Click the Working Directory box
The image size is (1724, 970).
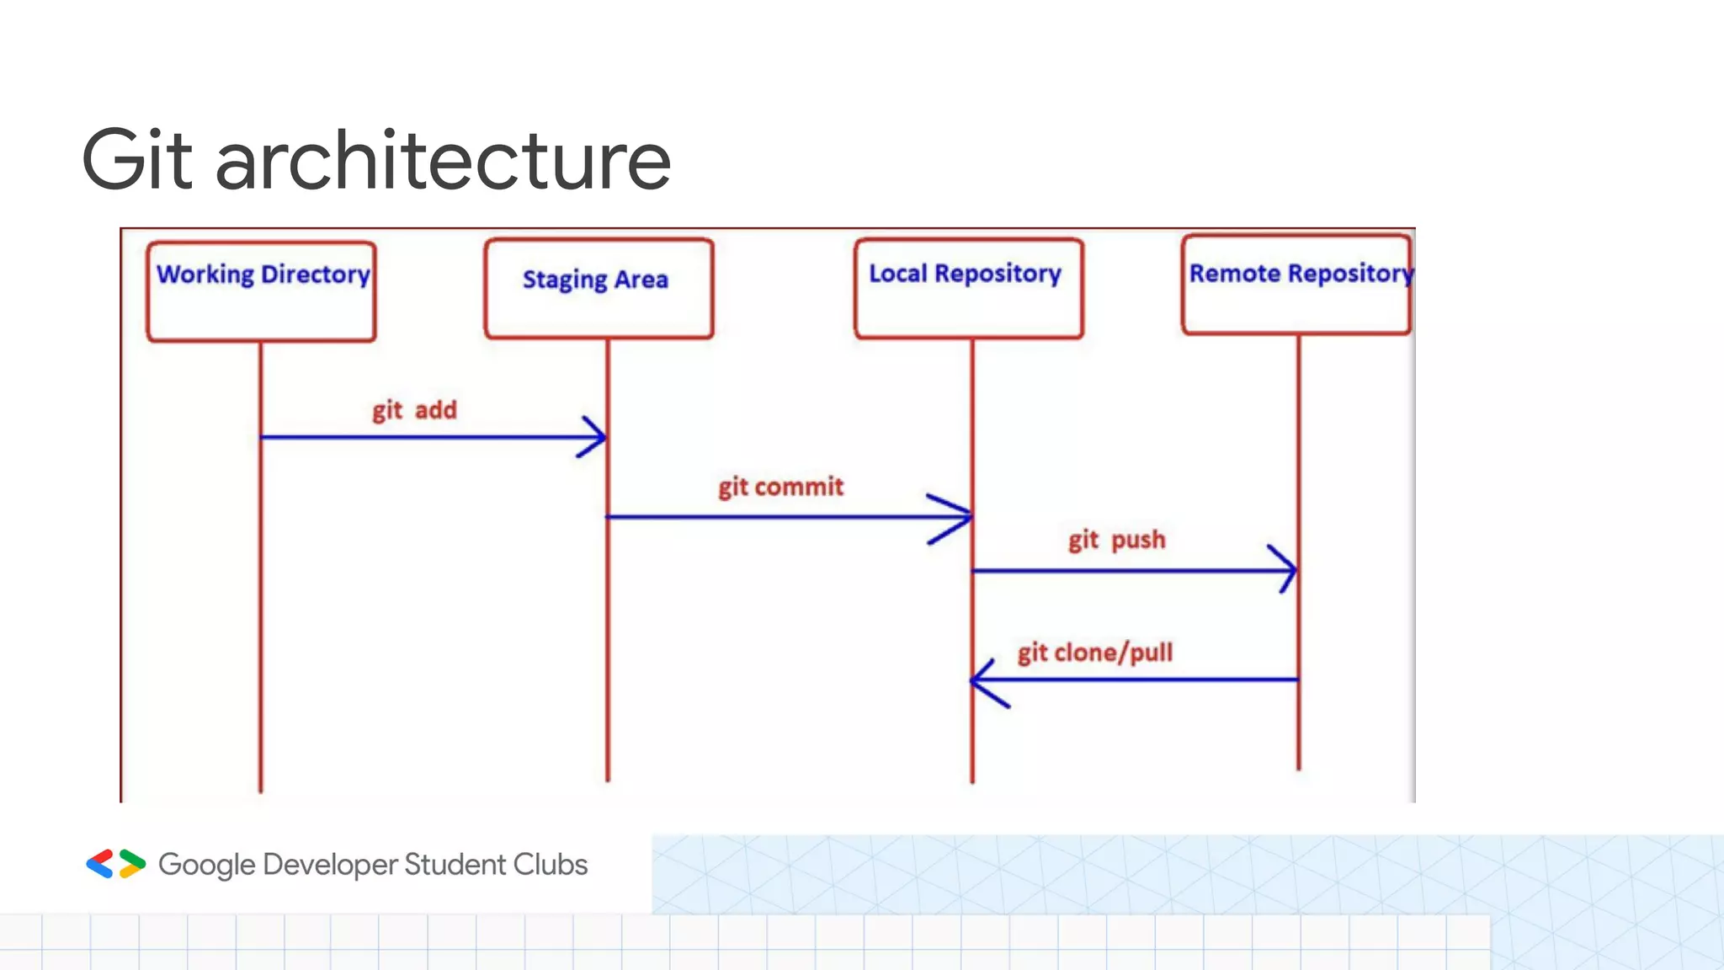tap(261, 291)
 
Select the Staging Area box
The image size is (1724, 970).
tap(599, 289)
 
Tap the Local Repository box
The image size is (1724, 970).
tap(968, 289)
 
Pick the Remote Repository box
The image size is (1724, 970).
tap(1296, 285)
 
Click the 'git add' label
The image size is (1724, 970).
tap(414, 410)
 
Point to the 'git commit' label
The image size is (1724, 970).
tap(780, 487)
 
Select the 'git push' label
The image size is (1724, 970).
tap(1116, 540)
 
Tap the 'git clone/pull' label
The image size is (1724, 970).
tap(1094, 653)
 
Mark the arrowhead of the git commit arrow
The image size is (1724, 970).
tap(960, 516)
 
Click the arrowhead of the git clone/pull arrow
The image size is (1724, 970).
tap(983, 680)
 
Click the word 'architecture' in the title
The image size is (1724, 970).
tap(443, 160)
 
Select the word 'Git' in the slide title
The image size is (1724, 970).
tap(136, 160)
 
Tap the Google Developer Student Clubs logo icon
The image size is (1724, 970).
tap(116, 864)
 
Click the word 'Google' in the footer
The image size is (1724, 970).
tap(206, 865)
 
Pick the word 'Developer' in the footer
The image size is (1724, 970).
tap(330, 865)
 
